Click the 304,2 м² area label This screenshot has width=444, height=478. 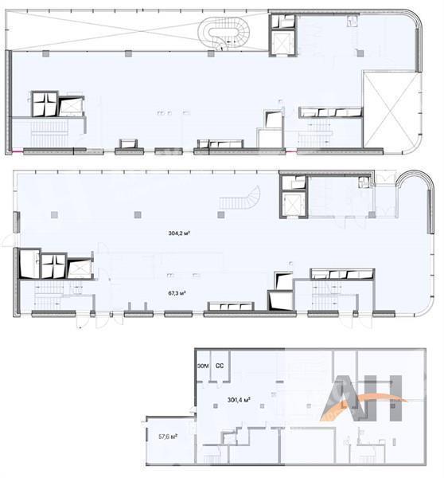[x=179, y=233]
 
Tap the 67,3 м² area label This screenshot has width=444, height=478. [x=177, y=293]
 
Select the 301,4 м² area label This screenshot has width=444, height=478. [x=239, y=400]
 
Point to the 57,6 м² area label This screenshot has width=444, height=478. [x=168, y=437]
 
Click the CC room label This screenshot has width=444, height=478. [x=220, y=366]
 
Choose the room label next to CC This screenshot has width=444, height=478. [x=203, y=366]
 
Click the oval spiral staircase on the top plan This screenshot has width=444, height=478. [x=224, y=33]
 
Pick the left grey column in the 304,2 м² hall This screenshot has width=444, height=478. [x=54, y=215]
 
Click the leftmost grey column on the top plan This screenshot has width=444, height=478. [x=45, y=53]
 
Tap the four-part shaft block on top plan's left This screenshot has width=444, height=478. [x=45, y=104]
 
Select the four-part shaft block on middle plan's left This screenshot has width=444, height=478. [x=53, y=266]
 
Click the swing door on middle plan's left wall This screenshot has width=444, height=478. [x=9, y=240]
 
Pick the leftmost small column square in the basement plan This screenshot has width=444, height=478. [x=216, y=406]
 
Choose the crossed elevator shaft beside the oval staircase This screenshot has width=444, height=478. [x=283, y=43]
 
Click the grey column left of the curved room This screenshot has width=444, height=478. [x=372, y=215]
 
